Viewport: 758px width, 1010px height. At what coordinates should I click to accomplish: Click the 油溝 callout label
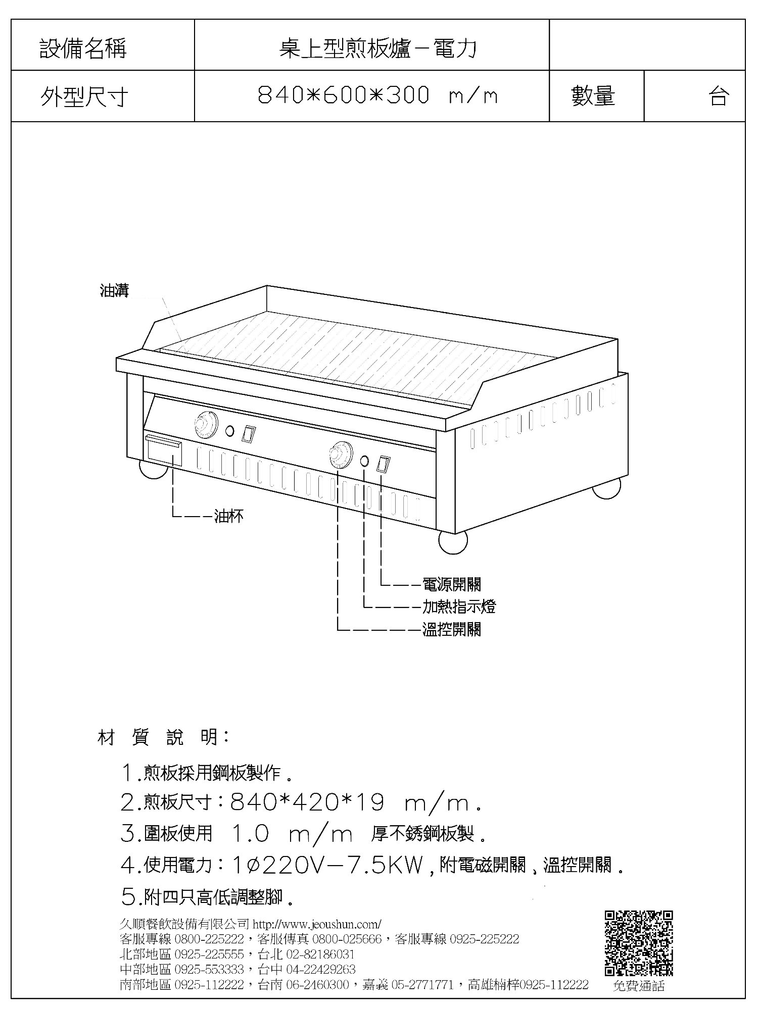[114, 291]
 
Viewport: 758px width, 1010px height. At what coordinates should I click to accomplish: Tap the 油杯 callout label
[229, 516]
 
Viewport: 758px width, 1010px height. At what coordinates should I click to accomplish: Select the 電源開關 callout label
[452, 584]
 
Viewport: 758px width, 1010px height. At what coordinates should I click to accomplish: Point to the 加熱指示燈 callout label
[459, 606]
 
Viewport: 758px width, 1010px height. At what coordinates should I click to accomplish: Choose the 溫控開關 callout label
[452, 629]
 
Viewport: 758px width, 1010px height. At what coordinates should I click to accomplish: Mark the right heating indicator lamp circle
[365, 461]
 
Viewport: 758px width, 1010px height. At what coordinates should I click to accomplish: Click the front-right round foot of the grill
[453, 542]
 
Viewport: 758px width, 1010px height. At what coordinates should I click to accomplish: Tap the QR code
[639, 943]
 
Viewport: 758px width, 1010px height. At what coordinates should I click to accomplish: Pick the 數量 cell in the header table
[596, 95]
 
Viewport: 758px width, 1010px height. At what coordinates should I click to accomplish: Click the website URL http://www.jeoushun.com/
[317, 924]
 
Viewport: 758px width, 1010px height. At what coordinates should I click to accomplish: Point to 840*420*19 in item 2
[307, 802]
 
